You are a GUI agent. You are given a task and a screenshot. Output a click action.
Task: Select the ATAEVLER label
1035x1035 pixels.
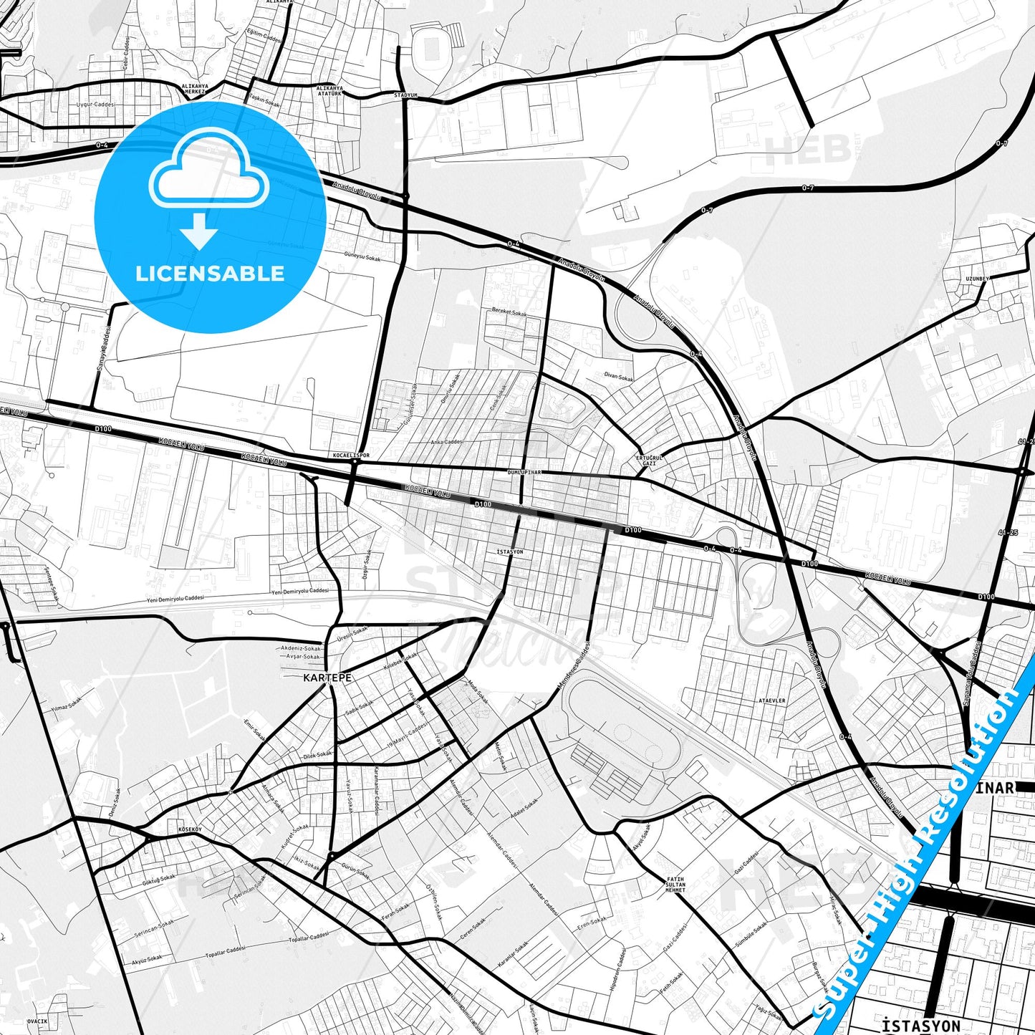[772, 701]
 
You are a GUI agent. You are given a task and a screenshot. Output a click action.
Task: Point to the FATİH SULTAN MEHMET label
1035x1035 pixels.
[675, 884]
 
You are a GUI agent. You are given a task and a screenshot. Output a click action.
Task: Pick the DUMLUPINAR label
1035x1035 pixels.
[524, 473]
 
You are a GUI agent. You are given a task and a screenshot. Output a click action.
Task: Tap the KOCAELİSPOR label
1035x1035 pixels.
[352, 455]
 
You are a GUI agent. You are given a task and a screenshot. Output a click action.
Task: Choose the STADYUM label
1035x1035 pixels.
[405, 95]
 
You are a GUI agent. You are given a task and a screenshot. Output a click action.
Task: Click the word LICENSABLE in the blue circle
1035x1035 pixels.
[210, 273]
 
